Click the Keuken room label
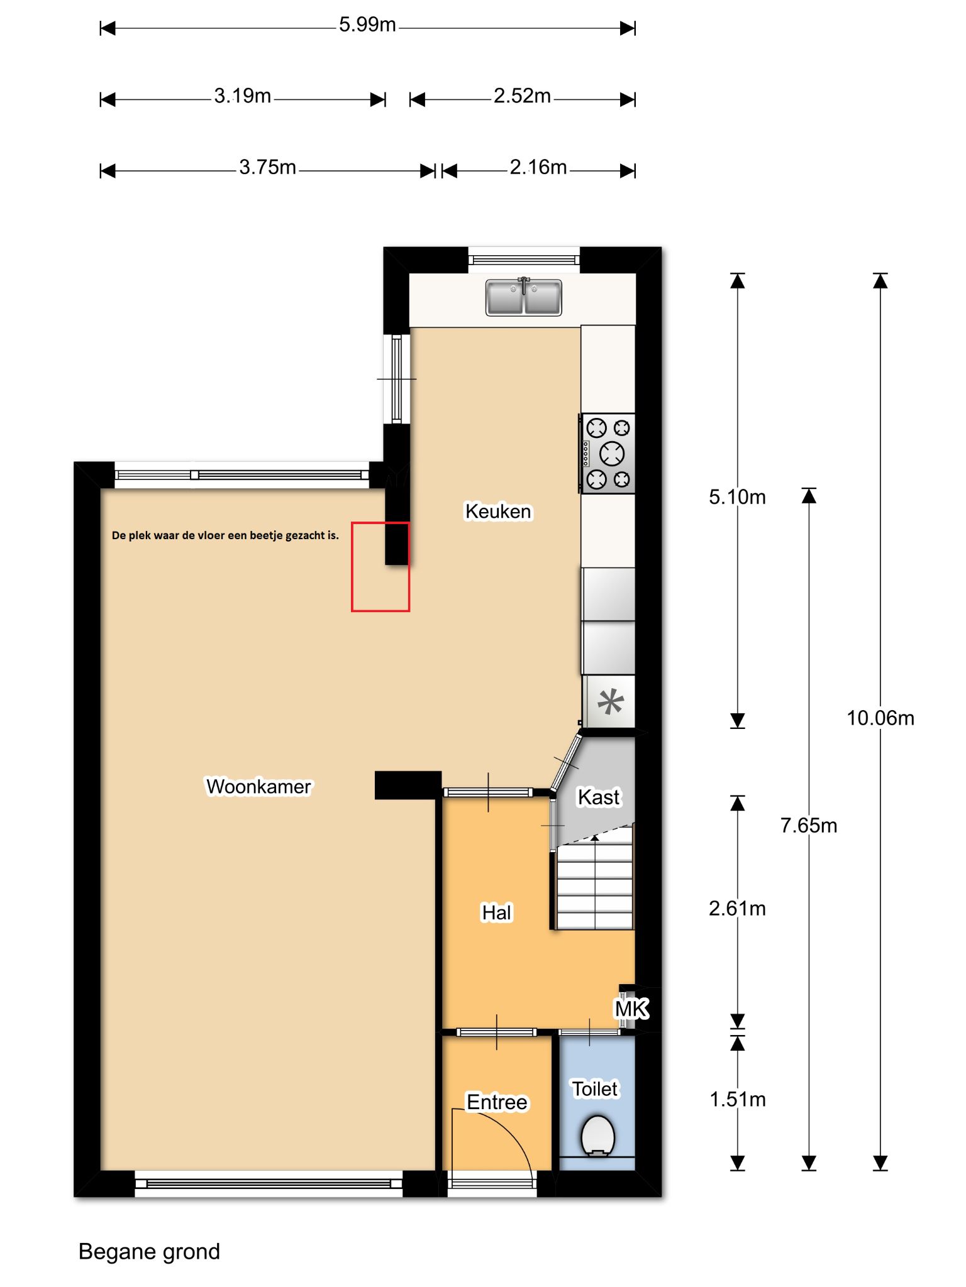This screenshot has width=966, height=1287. click(x=498, y=512)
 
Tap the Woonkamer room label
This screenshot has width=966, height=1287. click(x=258, y=787)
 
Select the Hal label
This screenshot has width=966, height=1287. click(x=497, y=912)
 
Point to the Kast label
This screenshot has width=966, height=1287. click(x=599, y=797)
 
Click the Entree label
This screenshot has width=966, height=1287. click(x=497, y=1102)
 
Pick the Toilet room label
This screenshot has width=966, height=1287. click(x=595, y=1088)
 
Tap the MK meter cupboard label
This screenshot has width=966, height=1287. click(x=631, y=1009)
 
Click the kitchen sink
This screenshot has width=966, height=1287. click(x=524, y=297)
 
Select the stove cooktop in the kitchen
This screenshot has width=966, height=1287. click(x=608, y=454)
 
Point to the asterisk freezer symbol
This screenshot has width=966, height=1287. click(x=610, y=702)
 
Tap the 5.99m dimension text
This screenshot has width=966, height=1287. click(x=367, y=25)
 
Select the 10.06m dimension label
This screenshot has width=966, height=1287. click(x=880, y=718)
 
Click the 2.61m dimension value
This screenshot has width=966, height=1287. click(x=737, y=908)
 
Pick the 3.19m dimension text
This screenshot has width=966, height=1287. click(x=243, y=96)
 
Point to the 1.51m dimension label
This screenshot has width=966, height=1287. click(x=737, y=1099)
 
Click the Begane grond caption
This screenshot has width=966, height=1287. click(x=149, y=1252)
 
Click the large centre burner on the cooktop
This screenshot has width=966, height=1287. click(x=612, y=453)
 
